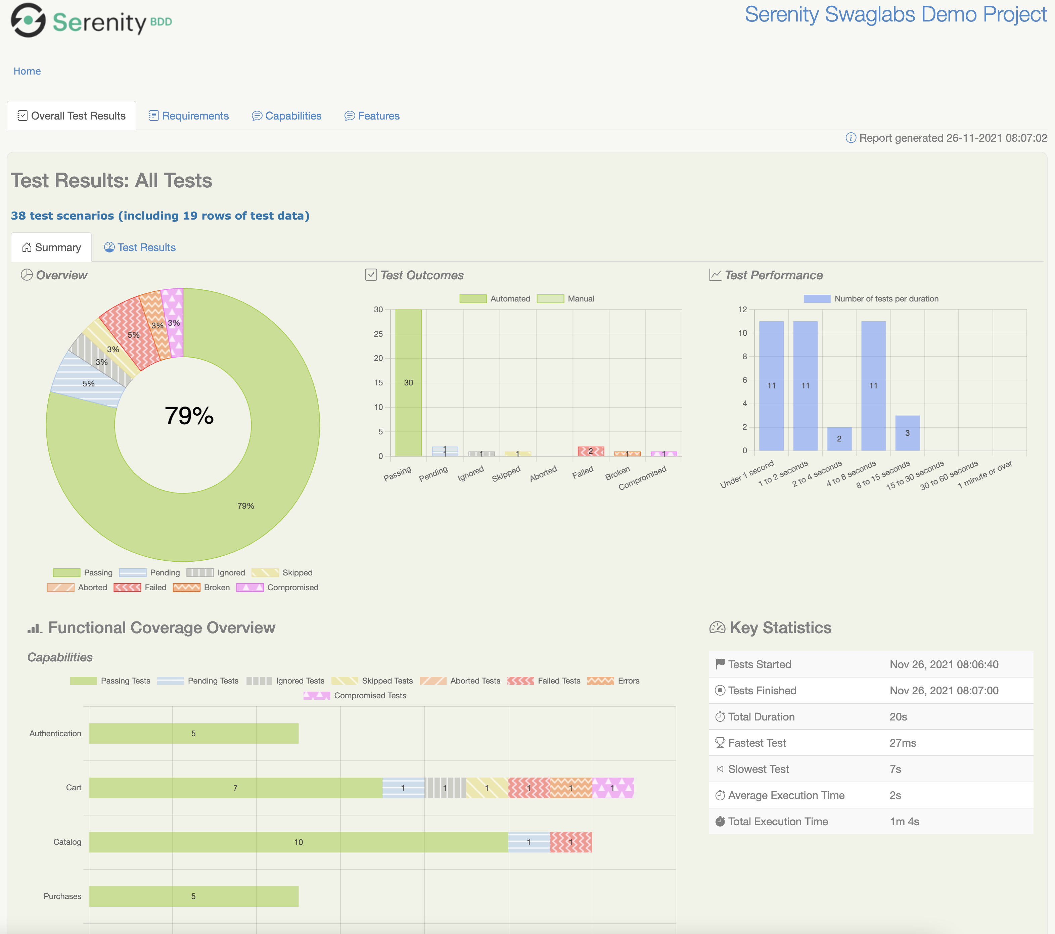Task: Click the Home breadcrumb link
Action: tap(27, 71)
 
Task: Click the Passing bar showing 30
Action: tap(408, 382)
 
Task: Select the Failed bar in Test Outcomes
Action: tap(591, 452)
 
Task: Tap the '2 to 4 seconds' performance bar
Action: tap(839, 438)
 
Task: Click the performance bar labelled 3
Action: tap(907, 433)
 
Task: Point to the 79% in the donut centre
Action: tap(189, 415)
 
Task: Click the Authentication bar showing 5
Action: tap(193, 733)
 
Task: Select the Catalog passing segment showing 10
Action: tap(298, 842)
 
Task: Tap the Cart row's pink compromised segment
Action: tap(613, 788)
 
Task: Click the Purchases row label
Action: tap(62, 896)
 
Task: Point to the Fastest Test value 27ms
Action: tap(903, 743)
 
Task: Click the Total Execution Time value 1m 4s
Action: tap(904, 822)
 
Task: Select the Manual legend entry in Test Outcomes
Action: tap(566, 299)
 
